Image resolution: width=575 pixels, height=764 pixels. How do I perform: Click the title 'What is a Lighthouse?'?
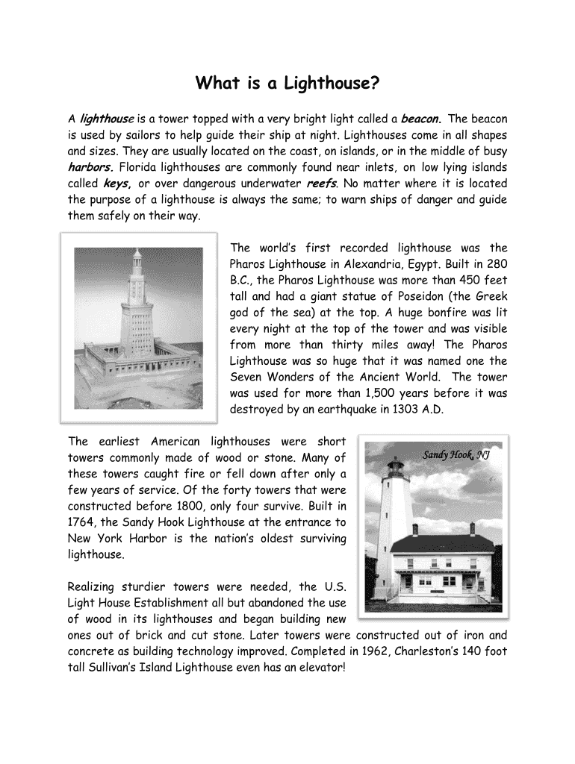[287, 83]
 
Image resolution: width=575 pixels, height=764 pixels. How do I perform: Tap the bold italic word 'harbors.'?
[90, 167]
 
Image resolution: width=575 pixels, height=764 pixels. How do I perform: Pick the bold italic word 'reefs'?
[321, 184]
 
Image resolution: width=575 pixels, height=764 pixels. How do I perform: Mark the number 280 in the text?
[497, 264]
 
